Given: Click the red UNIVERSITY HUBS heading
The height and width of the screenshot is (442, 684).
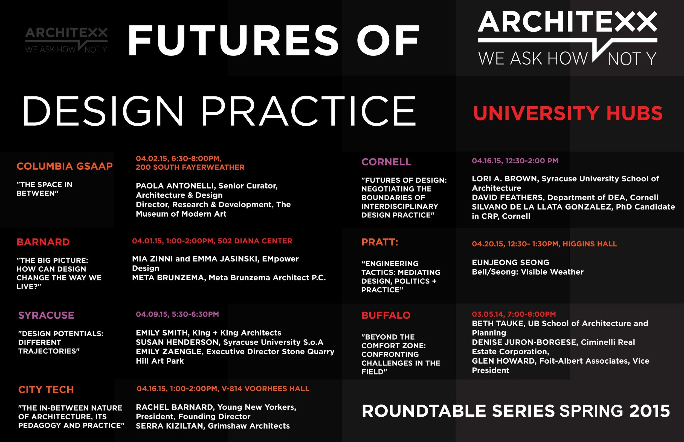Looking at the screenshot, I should coord(568,113).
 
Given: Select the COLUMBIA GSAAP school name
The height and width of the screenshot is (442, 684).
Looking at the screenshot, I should coord(65,166).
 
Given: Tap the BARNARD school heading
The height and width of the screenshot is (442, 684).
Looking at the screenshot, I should coord(43,242).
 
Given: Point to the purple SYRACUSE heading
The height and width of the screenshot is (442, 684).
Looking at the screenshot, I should coord(46,316).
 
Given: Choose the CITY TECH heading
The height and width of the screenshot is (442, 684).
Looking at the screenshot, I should coord(46,390).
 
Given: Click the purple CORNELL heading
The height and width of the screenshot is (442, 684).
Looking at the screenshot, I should coord(386,162).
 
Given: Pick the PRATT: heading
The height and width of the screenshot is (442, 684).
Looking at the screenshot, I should coord(380,242).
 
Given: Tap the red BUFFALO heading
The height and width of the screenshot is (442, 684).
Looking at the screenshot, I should coord(386,316).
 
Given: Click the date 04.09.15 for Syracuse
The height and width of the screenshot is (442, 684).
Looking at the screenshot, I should coord(152,314).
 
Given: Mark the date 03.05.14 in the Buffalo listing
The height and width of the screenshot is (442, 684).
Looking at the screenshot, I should coord(488,314).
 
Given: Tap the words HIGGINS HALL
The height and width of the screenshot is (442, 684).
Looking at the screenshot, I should coord(590,244).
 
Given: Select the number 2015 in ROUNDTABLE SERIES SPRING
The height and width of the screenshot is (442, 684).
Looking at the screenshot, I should coord(650,411).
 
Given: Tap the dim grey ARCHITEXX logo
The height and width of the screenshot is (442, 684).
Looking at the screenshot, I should coord(66,40).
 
